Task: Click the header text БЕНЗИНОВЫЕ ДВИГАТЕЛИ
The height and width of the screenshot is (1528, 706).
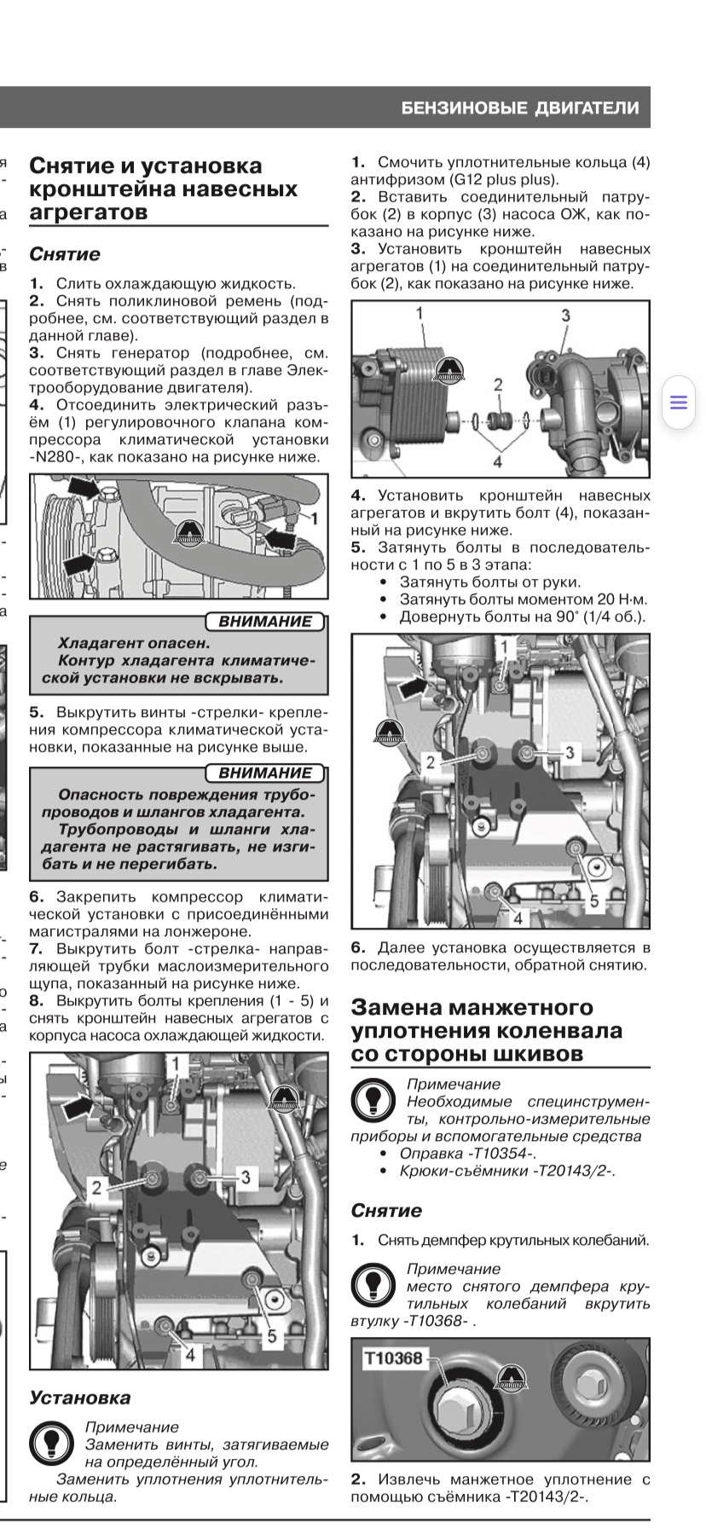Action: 520,108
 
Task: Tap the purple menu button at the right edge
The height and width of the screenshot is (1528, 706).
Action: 679,402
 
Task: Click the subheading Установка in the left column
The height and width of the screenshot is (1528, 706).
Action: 80,1398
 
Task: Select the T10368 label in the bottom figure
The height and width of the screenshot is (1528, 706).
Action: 393,1358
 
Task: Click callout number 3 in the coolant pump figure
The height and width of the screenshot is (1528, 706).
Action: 565,315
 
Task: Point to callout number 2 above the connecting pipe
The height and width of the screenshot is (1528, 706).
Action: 498,385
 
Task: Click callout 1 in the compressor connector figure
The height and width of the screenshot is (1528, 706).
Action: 315,518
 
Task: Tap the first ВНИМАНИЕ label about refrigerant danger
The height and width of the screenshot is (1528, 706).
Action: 265,622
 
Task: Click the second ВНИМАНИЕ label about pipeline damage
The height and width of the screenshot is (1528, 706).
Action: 265,773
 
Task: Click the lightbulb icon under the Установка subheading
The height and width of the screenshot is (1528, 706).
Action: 51,1443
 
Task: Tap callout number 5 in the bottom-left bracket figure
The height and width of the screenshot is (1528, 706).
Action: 272,1336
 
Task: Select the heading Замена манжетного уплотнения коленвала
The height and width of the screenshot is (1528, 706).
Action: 486,1030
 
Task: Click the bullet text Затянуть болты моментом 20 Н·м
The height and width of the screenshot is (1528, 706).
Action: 523,599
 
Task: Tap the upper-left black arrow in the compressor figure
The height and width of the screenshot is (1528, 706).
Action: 82,487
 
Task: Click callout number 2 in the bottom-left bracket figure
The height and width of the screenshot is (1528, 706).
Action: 96,1187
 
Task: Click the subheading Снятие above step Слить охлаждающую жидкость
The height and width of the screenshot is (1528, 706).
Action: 65,254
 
